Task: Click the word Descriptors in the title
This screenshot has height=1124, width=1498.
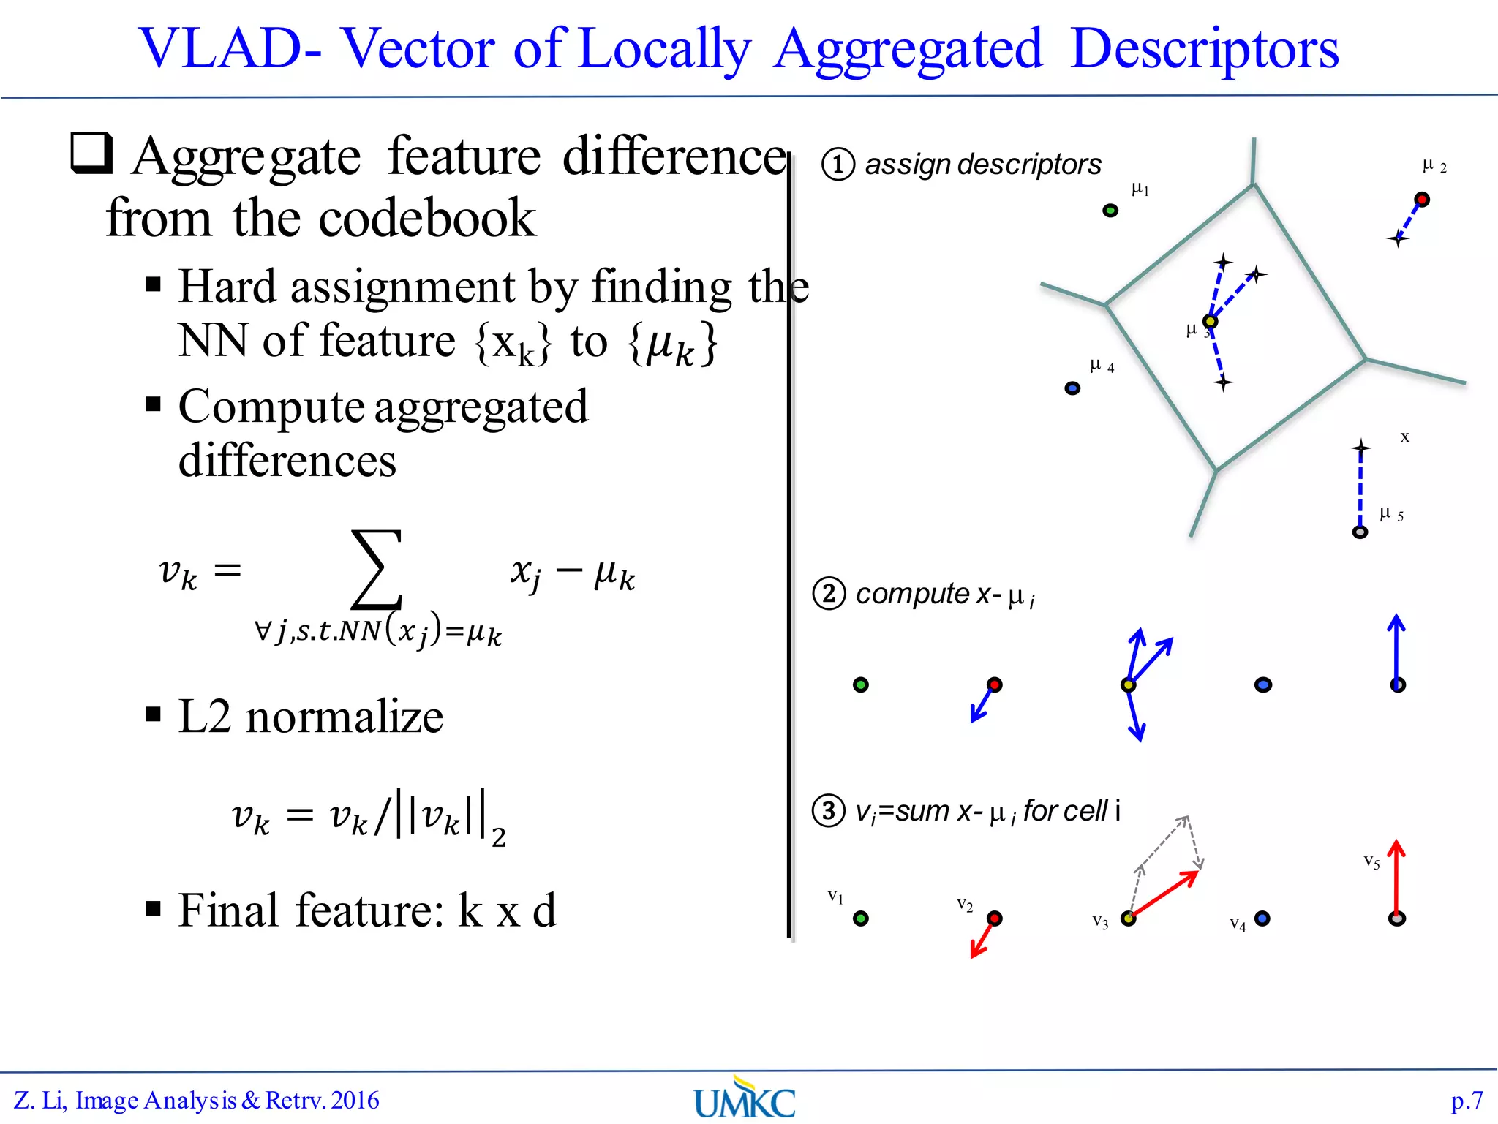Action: pos(1204,50)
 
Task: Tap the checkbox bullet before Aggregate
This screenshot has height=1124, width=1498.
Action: pos(92,153)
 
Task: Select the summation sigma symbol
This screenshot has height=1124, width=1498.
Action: pos(377,570)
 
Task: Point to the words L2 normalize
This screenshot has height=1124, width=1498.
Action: pos(311,716)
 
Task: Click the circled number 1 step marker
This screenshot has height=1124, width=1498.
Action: pos(838,165)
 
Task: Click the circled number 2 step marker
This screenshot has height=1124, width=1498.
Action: pos(829,594)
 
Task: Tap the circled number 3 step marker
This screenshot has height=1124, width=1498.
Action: pos(829,811)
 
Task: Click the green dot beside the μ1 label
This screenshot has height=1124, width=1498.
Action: pos(1110,211)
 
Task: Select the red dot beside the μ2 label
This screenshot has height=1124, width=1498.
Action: pos(1422,199)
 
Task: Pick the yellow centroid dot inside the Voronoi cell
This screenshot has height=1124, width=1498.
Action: pos(1211,322)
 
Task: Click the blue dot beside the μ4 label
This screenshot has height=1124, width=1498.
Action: pos(1072,388)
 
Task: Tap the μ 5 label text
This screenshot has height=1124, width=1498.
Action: pos(1390,514)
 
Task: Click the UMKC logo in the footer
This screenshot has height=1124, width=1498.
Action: pos(745,1099)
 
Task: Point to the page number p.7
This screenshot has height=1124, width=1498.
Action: pos(1467,1101)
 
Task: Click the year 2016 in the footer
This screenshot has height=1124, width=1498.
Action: pos(355,1101)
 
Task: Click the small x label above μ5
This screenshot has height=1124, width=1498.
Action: pos(1404,437)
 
